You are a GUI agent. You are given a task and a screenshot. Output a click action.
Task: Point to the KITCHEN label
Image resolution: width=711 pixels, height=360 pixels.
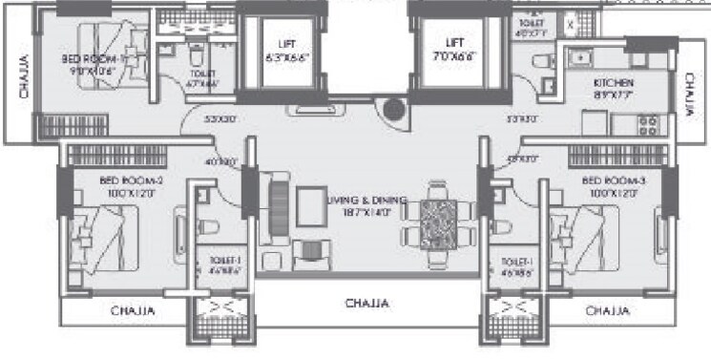(x=613, y=83)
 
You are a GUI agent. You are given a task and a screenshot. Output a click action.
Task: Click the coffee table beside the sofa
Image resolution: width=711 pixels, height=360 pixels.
(x=312, y=204)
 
